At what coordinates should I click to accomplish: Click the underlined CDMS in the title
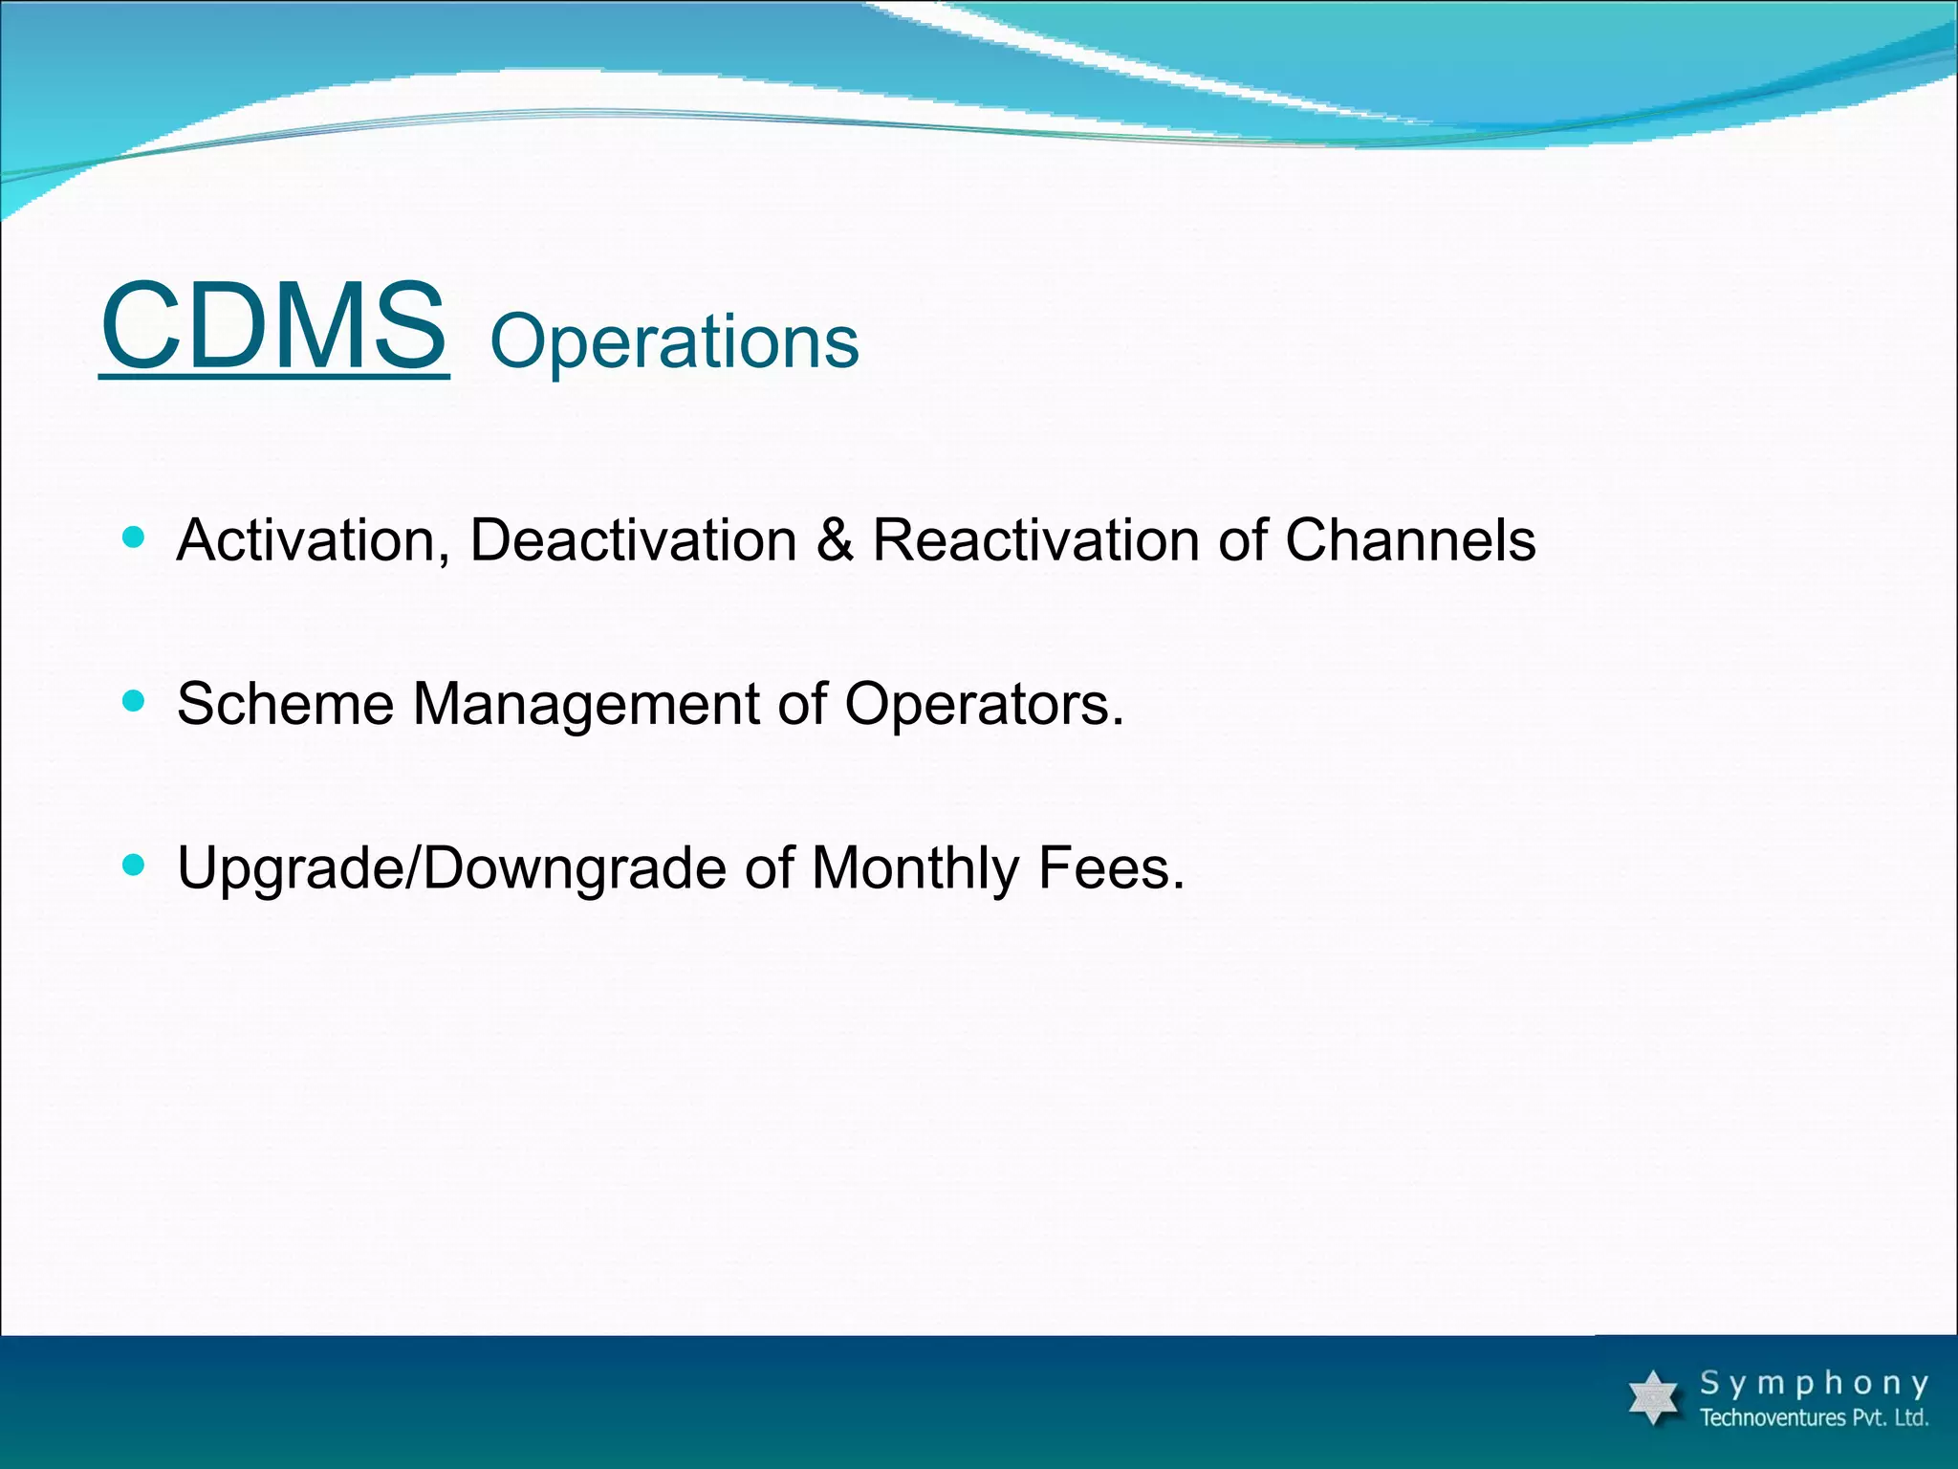pyautogui.click(x=273, y=327)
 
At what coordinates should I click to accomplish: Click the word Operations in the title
pyautogui.click(x=674, y=342)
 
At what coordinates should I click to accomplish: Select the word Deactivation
pyautogui.click(x=633, y=540)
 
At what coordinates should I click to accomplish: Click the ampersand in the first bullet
pyautogui.click(x=835, y=540)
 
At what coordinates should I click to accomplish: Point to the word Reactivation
pyautogui.click(x=1035, y=540)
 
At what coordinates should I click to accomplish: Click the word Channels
pyautogui.click(x=1409, y=540)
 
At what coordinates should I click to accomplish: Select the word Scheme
pyautogui.click(x=285, y=705)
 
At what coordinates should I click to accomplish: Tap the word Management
pyautogui.click(x=585, y=705)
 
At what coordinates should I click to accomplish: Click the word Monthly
pyautogui.click(x=915, y=868)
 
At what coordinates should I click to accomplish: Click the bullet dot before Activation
pyautogui.click(x=134, y=537)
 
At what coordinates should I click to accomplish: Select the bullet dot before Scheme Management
pyautogui.click(x=134, y=701)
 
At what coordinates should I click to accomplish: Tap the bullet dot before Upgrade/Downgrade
pyautogui.click(x=134, y=865)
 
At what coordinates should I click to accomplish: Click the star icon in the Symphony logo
pyautogui.click(x=1653, y=1397)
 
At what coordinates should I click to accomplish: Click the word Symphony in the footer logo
pyautogui.click(x=1814, y=1384)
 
